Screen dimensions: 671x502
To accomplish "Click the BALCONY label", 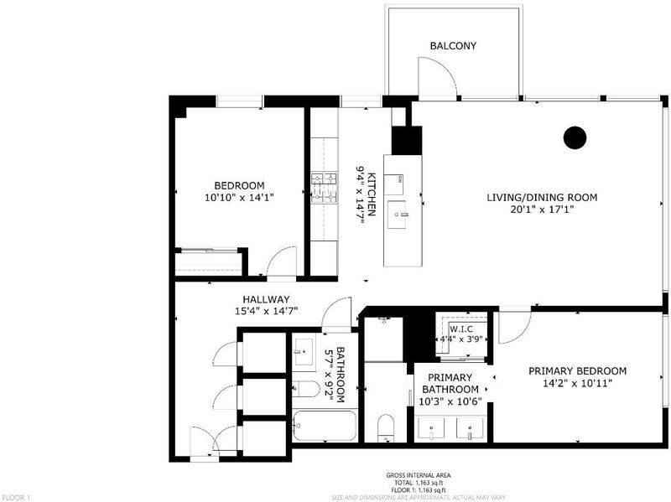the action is [x=453, y=46].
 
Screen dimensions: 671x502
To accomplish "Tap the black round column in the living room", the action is [x=575, y=137].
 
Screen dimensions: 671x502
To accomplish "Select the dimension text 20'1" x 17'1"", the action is [x=542, y=210].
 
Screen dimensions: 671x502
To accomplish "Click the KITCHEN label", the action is [x=372, y=194].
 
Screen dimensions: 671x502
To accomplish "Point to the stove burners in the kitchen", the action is [x=324, y=188].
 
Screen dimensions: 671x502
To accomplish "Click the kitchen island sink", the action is [x=398, y=215].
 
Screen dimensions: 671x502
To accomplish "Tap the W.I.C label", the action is [x=460, y=329].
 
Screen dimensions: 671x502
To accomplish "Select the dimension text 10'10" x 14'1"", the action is [x=239, y=198].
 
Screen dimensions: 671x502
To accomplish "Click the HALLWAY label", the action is [x=266, y=299].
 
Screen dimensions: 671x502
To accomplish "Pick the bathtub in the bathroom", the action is [x=325, y=426].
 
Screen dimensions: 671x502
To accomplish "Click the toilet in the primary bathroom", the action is [x=386, y=427].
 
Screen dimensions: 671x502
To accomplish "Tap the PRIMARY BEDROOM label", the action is [x=577, y=370].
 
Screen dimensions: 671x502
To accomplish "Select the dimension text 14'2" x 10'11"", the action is [x=577, y=383].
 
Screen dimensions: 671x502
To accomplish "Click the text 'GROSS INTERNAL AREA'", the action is [x=419, y=475].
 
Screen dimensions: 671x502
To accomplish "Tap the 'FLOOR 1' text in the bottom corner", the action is [x=15, y=498].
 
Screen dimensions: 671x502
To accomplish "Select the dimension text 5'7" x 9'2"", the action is [x=335, y=374].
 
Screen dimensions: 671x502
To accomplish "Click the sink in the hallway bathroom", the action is [x=304, y=352].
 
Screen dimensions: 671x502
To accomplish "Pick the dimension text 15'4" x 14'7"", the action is [x=266, y=311].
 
